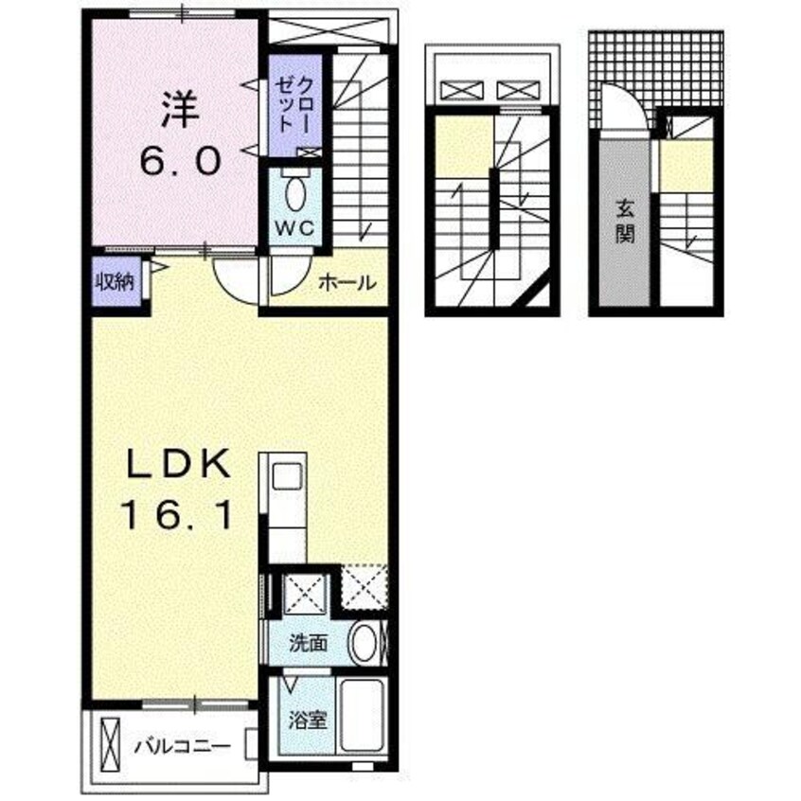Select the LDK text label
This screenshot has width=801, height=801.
[177, 464]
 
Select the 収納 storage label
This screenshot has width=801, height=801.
[114, 281]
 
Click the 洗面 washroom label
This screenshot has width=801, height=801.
[309, 645]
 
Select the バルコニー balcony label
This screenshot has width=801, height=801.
[182, 745]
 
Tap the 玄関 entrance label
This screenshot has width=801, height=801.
[624, 220]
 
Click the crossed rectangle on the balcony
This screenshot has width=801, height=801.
[110, 744]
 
